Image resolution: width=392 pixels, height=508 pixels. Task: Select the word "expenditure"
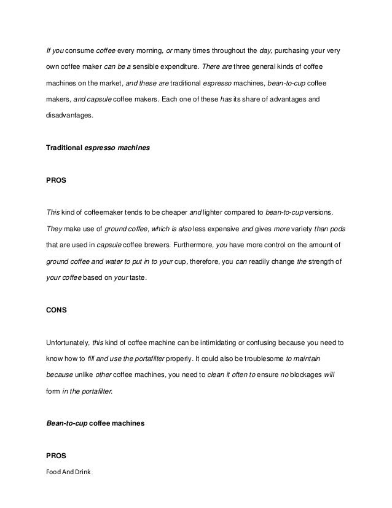(186, 66)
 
